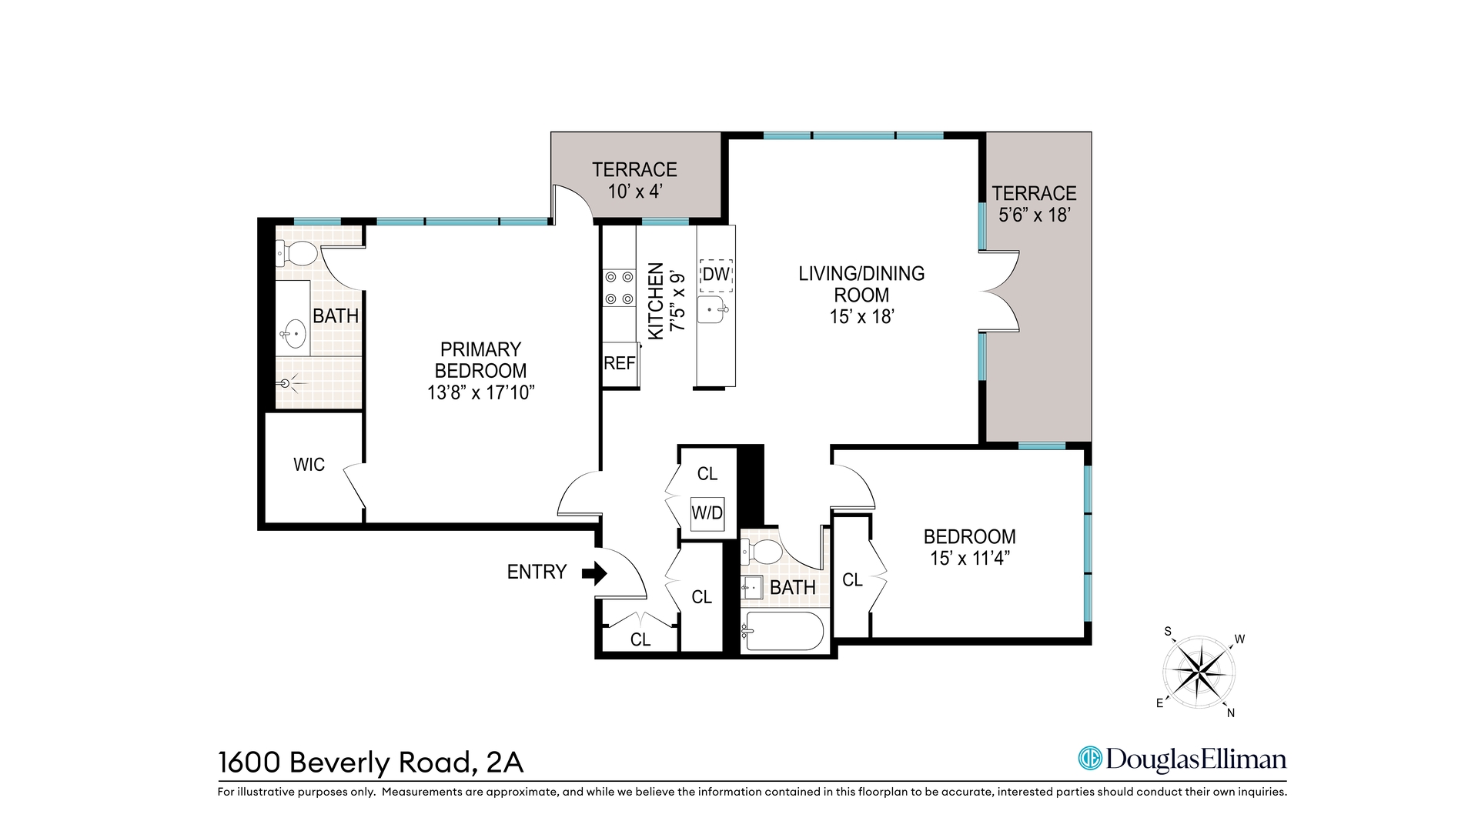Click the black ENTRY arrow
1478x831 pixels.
(x=594, y=573)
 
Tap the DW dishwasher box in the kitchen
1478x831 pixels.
(x=715, y=275)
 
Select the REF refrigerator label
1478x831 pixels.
(x=619, y=364)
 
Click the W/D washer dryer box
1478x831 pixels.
(x=707, y=512)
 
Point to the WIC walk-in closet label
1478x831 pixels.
(x=309, y=465)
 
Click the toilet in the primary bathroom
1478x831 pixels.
(x=298, y=252)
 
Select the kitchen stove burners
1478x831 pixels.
(x=619, y=287)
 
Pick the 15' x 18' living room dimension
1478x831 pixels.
(x=861, y=317)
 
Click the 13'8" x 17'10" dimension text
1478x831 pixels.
(x=480, y=393)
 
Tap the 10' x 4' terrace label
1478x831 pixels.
(x=634, y=192)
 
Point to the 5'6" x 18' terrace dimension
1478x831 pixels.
(x=1034, y=215)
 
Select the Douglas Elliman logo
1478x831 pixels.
(x=1182, y=759)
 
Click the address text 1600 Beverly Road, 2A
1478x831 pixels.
(x=371, y=763)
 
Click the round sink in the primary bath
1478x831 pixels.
(x=293, y=334)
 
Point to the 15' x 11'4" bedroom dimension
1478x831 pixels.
(x=969, y=559)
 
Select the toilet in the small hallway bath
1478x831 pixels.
(x=764, y=551)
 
